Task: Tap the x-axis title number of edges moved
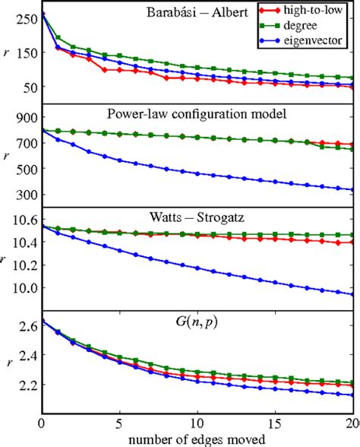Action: click(x=197, y=438)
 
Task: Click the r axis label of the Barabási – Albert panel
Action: click(x=6, y=54)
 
